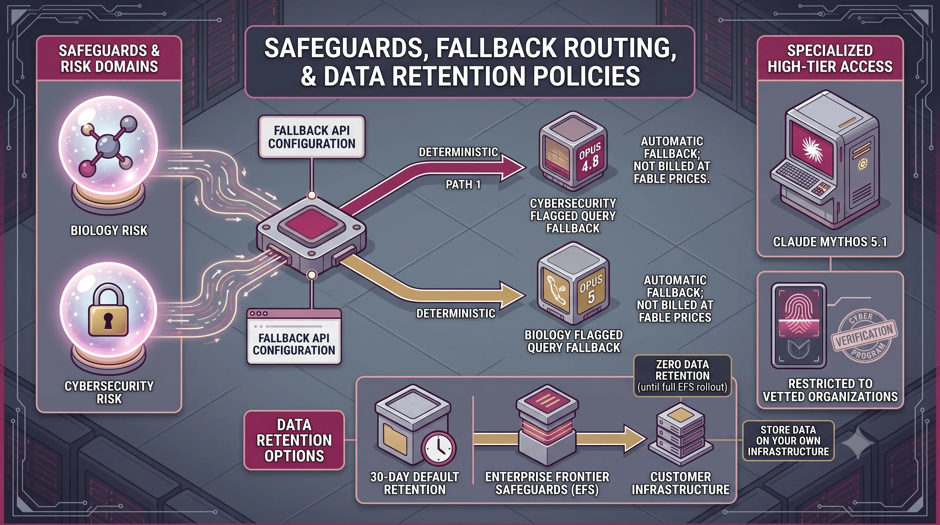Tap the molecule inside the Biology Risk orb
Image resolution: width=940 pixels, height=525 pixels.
point(108,146)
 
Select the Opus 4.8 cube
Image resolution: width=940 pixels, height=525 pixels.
point(573,151)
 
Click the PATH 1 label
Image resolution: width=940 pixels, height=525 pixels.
point(463,184)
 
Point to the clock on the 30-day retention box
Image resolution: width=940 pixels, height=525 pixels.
point(438,448)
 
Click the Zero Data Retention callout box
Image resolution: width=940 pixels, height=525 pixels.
point(682,376)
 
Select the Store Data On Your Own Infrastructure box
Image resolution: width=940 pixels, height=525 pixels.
point(788,440)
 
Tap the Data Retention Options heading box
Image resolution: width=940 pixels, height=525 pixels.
point(294,440)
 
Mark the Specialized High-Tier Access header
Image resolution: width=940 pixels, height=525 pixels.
point(830,58)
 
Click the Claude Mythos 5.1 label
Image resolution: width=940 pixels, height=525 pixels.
point(830,242)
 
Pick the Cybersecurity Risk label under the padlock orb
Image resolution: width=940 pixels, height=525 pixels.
point(109,392)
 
